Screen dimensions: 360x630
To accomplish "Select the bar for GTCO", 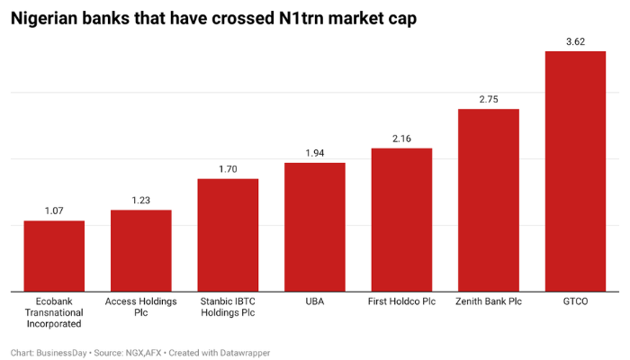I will pyautogui.click(x=575, y=171).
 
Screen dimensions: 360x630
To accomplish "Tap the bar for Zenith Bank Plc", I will pyautogui.click(x=489, y=200).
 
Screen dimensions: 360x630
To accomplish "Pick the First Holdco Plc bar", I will pyautogui.click(x=401, y=220).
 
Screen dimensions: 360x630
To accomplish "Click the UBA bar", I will pyautogui.click(x=315, y=227).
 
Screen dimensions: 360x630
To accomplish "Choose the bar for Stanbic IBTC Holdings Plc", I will pyautogui.click(x=228, y=235).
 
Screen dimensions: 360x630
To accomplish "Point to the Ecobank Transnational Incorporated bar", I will pyautogui.click(x=54, y=256).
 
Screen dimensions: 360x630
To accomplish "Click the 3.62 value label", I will pyautogui.click(x=575, y=41).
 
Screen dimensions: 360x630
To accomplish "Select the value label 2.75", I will pyautogui.click(x=489, y=99).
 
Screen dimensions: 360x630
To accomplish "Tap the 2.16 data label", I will pyautogui.click(x=401, y=139).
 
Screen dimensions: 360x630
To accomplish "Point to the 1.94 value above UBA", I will pyautogui.click(x=315, y=153).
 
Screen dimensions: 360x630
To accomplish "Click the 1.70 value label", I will pyautogui.click(x=228, y=169).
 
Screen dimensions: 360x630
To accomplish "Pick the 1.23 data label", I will pyautogui.click(x=141, y=201).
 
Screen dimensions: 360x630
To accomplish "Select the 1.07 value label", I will pyautogui.click(x=54, y=211).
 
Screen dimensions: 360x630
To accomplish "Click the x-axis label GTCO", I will pyautogui.click(x=575, y=301).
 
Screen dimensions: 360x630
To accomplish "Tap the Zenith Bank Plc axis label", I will pyautogui.click(x=489, y=301).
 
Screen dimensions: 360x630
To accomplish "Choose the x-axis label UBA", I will pyautogui.click(x=315, y=301).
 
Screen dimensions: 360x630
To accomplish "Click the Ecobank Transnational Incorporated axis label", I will pyautogui.click(x=54, y=312).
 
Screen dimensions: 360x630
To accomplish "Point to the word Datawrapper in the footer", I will pyautogui.click(x=243, y=353).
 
